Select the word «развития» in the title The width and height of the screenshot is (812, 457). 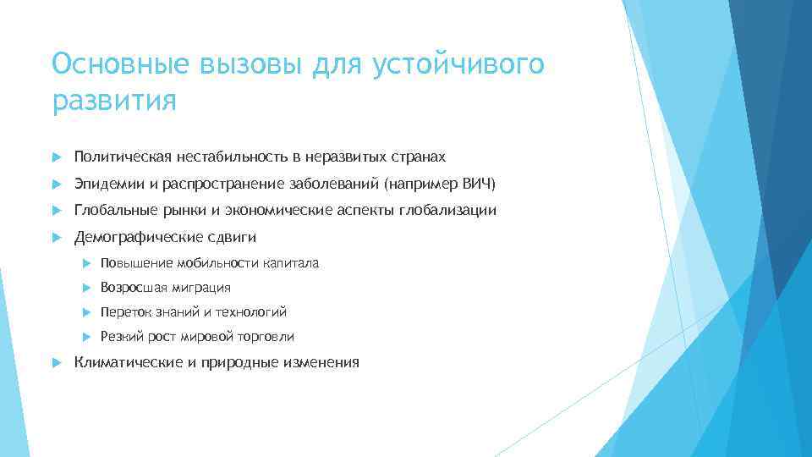(114, 102)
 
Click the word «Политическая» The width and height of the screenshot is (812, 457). (123, 157)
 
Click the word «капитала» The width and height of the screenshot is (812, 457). (290, 263)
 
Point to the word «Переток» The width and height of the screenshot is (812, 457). (124, 312)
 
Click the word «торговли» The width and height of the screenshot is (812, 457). (266, 337)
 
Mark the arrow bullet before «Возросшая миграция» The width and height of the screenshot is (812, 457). (86, 288)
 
